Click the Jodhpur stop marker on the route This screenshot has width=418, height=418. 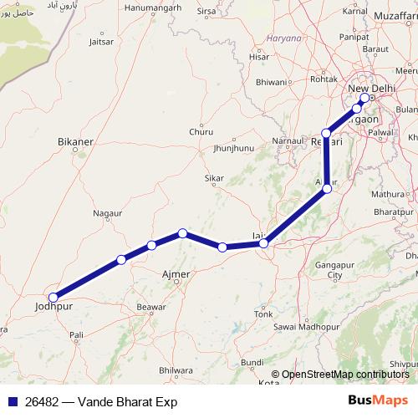tap(54, 297)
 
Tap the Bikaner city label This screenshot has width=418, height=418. tap(74, 142)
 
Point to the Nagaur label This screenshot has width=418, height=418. tap(107, 214)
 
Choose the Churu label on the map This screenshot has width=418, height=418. tap(201, 131)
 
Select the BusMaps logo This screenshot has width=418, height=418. tap(372, 401)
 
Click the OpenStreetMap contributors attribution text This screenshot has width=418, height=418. tap(339, 375)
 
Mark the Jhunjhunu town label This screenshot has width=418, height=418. tap(233, 148)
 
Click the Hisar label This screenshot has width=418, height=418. tap(259, 57)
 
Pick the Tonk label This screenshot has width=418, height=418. tap(263, 313)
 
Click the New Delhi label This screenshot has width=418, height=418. tap(370, 89)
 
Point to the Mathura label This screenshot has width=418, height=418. tap(387, 194)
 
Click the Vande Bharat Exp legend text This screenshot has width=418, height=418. tap(101, 402)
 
